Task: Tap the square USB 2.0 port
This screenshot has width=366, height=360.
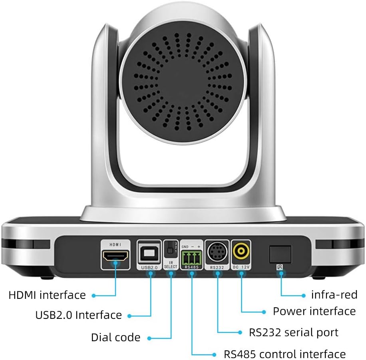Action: point(149,253)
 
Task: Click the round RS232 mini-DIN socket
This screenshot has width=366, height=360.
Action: point(217,253)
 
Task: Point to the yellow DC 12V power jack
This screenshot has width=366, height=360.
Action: point(241,252)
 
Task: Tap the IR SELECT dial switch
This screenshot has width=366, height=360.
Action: point(170,250)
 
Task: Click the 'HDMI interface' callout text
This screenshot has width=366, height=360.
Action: point(47,295)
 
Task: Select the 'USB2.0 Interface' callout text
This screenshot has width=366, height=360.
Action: point(78,315)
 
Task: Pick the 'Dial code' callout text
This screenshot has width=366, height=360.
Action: point(115,337)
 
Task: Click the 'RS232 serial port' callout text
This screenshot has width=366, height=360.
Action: point(293,332)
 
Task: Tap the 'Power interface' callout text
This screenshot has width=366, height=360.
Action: point(314,311)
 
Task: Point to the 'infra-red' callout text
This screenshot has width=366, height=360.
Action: point(334,295)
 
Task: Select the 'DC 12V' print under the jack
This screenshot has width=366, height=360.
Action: point(241,267)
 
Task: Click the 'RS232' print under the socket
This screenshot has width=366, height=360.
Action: point(217,267)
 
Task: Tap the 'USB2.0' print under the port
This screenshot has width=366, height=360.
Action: point(149,267)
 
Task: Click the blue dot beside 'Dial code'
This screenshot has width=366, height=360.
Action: point(149,338)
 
